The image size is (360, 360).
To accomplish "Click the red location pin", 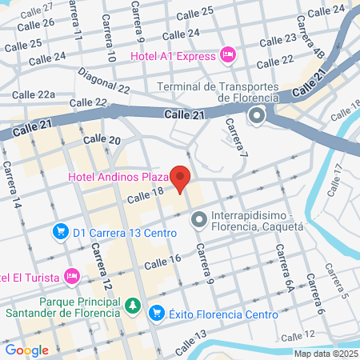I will [182, 178].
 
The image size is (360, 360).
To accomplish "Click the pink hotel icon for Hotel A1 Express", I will [228, 55].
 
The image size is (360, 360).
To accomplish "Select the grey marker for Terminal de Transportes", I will [258, 117].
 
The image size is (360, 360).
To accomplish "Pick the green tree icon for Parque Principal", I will [133, 306].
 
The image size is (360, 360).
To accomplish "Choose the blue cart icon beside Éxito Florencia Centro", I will [157, 313].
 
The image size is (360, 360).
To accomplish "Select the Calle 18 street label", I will [145, 193].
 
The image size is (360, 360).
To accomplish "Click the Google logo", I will [26, 350].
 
